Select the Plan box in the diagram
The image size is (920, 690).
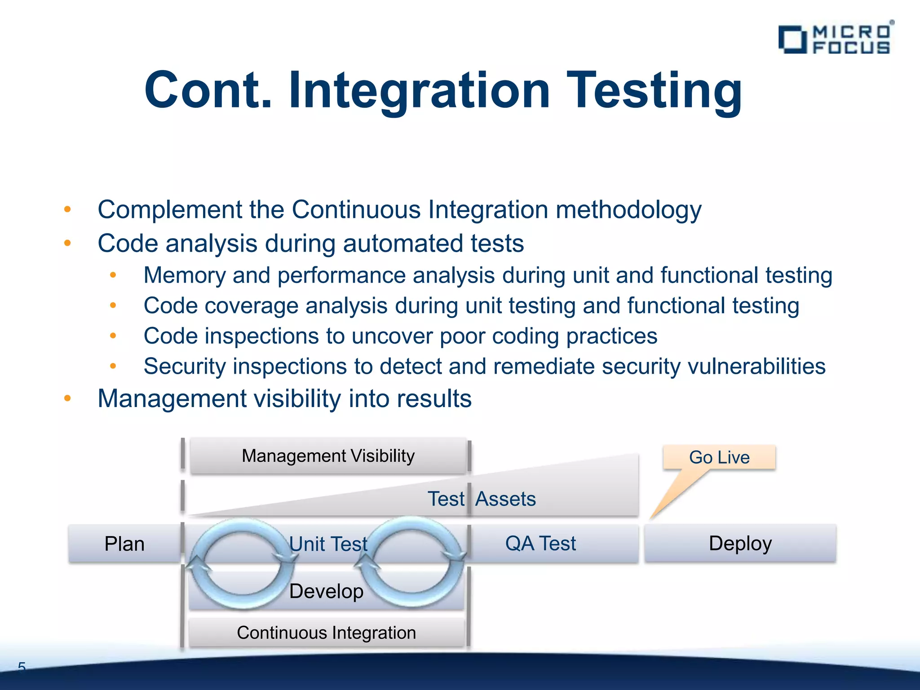tap(124, 544)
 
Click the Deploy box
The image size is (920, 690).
tap(740, 543)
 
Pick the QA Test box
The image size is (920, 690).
tap(540, 543)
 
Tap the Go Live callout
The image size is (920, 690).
tap(719, 457)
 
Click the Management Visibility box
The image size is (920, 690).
tap(328, 456)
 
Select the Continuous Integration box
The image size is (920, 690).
tap(326, 632)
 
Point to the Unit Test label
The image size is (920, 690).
tap(328, 544)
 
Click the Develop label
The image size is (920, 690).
tap(326, 591)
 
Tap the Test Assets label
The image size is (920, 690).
tap(482, 499)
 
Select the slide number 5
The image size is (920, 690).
tap(22, 667)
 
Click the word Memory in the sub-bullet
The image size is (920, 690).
tap(184, 275)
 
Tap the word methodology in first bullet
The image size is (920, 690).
tap(628, 210)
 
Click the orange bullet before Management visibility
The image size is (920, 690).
tap(67, 398)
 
